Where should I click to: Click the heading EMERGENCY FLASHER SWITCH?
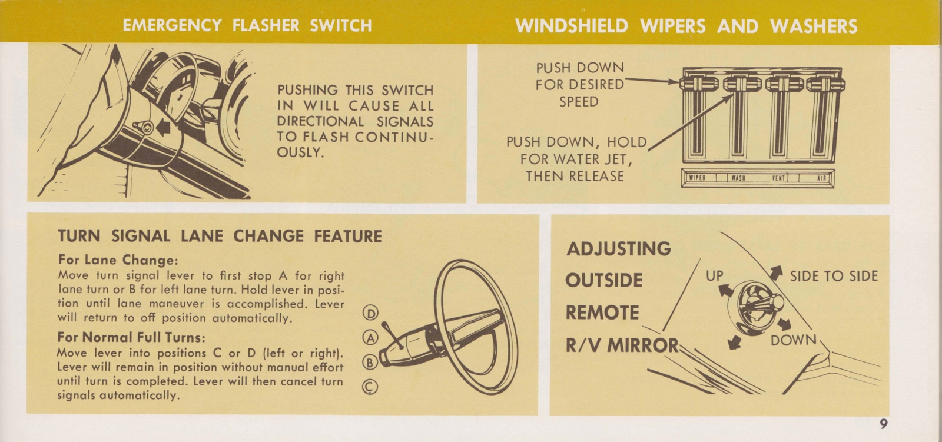point(247,25)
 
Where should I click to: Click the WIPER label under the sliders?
point(697,178)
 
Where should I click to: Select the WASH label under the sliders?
point(738,178)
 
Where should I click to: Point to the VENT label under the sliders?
point(780,178)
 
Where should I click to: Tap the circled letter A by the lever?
point(371,337)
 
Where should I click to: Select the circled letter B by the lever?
point(370,362)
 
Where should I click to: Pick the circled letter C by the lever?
point(371,386)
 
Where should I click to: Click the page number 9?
point(884,423)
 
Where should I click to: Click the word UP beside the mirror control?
point(714,275)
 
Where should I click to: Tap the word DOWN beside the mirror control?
point(794,340)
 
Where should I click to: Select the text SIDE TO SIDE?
point(834,276)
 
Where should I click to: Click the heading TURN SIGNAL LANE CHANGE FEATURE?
point(220,236)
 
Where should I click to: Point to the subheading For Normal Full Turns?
point(131,338)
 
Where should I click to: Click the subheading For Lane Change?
point(118,260)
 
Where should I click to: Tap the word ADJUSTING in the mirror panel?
point(619,248)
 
